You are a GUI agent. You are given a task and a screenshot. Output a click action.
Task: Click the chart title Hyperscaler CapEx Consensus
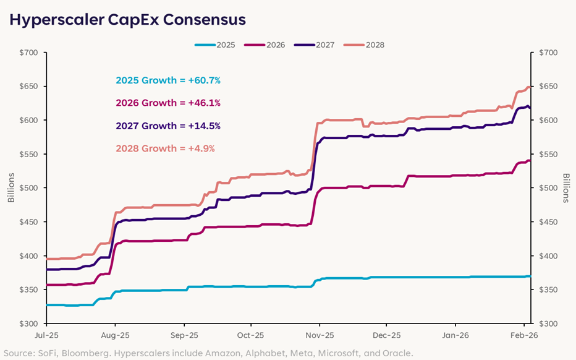coord(127,20)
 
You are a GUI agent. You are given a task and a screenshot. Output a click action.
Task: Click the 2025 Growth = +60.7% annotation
coord(168,80)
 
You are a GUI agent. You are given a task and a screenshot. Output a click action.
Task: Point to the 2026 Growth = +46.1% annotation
coord(168,103)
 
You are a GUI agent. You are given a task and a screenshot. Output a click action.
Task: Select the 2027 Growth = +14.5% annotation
coord(168,126)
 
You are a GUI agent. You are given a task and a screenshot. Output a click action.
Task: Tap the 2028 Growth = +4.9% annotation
coord(166,148)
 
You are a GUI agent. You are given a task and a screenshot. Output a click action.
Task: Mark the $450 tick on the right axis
coord(547,222)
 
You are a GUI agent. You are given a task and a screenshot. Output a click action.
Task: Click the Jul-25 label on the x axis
coord(46,336)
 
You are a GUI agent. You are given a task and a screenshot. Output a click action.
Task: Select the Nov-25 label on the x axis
coord(319,336)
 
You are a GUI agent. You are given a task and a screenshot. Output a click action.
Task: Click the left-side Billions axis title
coord(11,189)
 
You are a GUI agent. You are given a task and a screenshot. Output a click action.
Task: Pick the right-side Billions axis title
coord(565,189)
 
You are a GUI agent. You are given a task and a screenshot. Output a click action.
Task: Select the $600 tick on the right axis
coord(547,121)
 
